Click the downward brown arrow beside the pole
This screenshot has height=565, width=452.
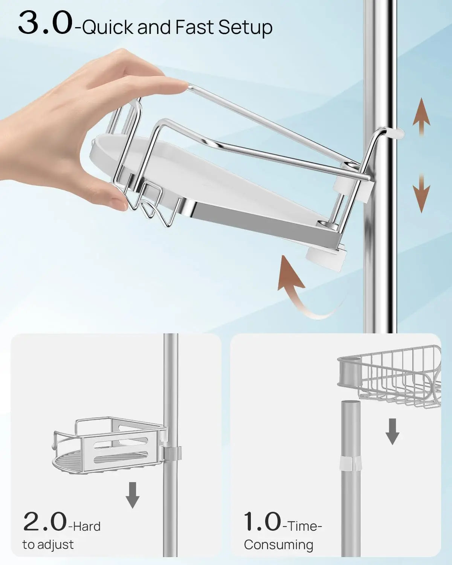coord(421,192)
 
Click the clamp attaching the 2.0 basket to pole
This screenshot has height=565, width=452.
coord(171,451)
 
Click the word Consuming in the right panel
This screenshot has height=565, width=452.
coord(278,545)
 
